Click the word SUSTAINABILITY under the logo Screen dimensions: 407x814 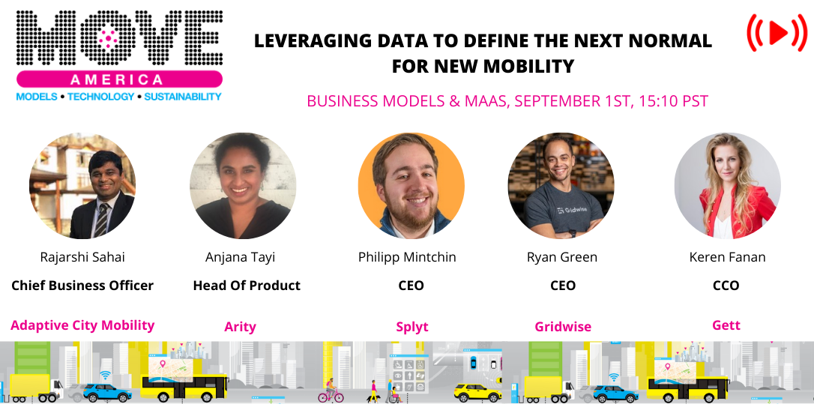point(183,97)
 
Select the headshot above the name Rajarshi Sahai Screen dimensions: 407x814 point(82,186)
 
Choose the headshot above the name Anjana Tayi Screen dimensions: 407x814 point(243,186)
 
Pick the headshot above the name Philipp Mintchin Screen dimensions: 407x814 point(411,186)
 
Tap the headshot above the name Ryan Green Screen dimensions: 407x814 point(561,186)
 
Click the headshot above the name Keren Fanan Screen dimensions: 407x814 point(727,186)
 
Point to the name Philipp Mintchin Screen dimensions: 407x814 point(407,257)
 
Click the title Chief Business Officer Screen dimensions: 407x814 point(82,286)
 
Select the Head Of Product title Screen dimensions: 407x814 point(247,286)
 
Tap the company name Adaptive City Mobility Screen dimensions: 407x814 point(82,325)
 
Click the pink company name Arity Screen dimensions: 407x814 point(241,327)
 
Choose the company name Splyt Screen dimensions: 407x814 point(411,327)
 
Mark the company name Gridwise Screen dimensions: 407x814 point(563,327)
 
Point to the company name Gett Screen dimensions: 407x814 point(726,325)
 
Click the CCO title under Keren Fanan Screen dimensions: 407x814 point(726,286)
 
